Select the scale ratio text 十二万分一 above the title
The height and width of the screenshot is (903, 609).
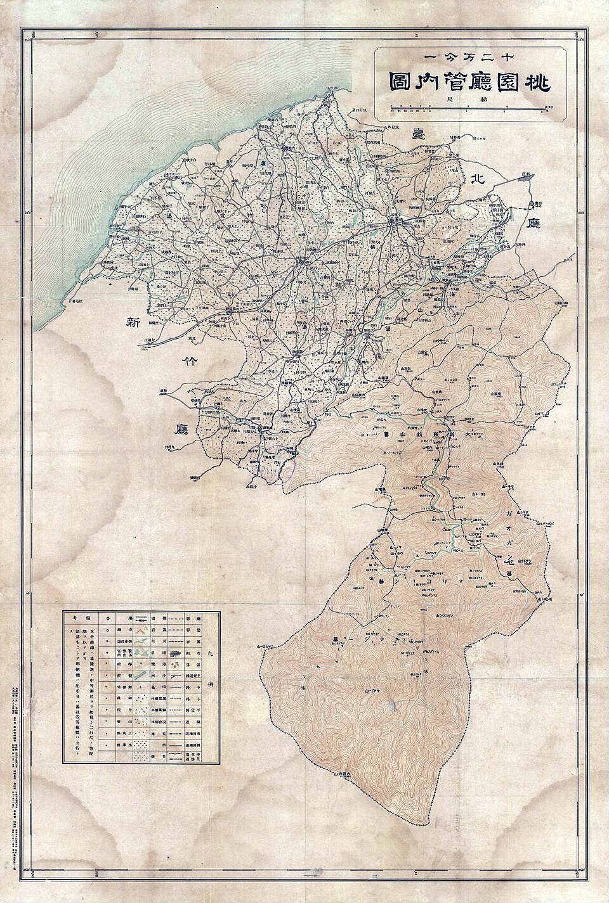click(x=468, y=58)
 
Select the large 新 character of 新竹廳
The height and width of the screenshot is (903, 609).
click(x=133, y=323)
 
